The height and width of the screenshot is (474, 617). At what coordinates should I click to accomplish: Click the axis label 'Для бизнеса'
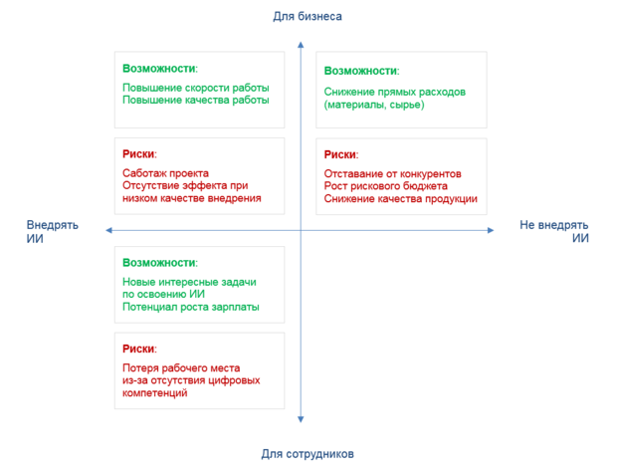[x=308, y=17]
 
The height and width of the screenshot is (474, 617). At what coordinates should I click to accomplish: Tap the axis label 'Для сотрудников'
[x=308, y=453]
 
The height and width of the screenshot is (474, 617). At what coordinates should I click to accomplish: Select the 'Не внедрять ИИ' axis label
[x=554, y=231]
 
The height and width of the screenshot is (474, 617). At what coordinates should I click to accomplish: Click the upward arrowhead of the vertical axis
[x=301, y=45]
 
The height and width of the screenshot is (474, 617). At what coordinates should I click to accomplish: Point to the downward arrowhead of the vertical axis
[x=301, y=419]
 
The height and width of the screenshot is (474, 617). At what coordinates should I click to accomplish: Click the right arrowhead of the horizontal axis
[x=491, y=230]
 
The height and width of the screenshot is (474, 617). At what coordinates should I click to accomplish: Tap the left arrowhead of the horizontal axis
[x=109, y=230]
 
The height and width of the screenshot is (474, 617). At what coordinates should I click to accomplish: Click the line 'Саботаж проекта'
[x=165, y=173]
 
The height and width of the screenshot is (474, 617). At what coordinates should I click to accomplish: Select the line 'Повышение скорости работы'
[x=196, y=88]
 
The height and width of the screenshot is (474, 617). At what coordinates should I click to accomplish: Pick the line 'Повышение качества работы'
[x=196, y=100]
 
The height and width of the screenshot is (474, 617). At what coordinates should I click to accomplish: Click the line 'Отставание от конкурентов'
[x=392, y=173]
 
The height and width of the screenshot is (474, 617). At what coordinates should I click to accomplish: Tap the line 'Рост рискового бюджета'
[x=386, y=186]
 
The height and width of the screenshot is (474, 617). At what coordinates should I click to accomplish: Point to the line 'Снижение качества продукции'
[x=401, y=198]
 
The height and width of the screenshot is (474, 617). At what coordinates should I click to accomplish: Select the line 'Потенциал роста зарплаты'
[x=191, y=307]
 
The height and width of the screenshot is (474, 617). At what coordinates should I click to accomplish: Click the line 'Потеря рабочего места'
[x=181, y=368]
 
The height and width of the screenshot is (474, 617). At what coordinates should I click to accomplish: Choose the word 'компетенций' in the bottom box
[x=154, y=393]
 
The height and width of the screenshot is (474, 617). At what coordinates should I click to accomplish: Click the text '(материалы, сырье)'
[x=374, y=105]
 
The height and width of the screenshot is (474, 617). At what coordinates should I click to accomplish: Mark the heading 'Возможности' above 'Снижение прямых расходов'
[x=360, y=71]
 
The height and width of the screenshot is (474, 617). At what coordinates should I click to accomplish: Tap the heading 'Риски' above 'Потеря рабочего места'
[x=138, y=349]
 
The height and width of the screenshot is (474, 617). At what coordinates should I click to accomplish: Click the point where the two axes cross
[x=301, y=230]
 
